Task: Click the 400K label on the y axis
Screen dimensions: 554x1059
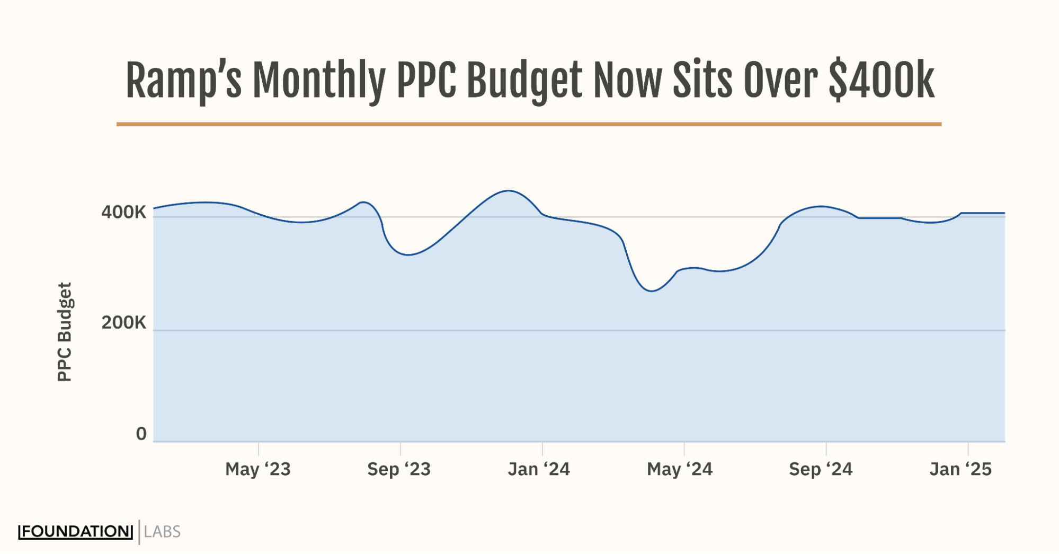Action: [123, 212]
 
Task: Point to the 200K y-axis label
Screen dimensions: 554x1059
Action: [123, 322]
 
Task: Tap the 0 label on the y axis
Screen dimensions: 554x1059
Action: [141, 434]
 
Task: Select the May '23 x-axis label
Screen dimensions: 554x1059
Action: [258, 469]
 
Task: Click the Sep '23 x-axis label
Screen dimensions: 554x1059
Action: [399, 469]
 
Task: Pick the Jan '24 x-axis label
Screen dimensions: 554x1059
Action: [539, 469]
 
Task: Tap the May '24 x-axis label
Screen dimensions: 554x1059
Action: [680, 469]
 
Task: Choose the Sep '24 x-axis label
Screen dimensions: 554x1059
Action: [821, 469]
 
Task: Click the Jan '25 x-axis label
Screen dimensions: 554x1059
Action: [960, 469]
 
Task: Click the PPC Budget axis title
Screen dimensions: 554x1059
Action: [65, 332]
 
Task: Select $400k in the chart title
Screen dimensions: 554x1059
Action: [882, 81]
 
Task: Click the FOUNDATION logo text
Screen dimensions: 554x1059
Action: [75, 532]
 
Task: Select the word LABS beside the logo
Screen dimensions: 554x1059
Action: [162, 532]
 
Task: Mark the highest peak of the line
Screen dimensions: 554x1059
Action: [509, 191]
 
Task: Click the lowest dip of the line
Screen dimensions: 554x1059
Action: [652, 291]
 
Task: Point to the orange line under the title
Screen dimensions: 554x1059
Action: [529, 124]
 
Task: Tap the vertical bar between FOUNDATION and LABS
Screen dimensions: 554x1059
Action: [139, 532]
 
